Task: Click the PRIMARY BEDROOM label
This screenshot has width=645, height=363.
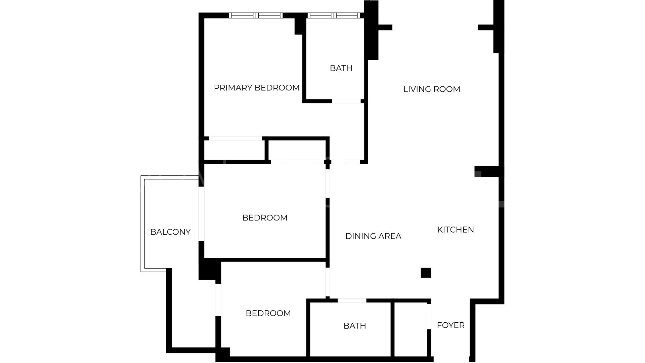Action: (x=257, y=88)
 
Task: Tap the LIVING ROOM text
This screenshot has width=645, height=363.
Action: (x=432, y=89)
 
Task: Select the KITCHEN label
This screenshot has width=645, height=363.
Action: (x=456, y=230)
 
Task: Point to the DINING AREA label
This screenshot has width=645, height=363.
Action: (x=373, y=236)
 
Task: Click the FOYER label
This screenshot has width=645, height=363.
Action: (x=450, y=325)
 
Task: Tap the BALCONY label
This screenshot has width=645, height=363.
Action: (x=170, y=232)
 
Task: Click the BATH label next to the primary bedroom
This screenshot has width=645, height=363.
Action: (x=341, y=68)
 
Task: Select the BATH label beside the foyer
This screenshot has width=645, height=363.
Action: (x=355, y=326)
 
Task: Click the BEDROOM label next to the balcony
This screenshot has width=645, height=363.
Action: (x=265, y=218)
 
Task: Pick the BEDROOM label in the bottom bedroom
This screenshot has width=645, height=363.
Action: (x=268, y=313)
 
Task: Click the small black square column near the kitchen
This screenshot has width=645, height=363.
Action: (x=426, y=273)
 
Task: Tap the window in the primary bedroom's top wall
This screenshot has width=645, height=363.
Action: (x=256, y=15)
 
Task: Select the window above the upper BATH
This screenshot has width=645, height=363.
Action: (x=334, y=15)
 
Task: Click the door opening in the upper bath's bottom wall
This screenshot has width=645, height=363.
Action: (x=346, y=101)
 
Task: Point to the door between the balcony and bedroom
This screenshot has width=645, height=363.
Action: (x=202, y=214)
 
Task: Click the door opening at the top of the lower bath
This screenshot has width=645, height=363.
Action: (x=352, y=300)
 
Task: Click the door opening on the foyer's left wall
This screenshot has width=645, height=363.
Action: (x=429, y=316)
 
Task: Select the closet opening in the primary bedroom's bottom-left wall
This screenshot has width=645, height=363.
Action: (x=235, y=138)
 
